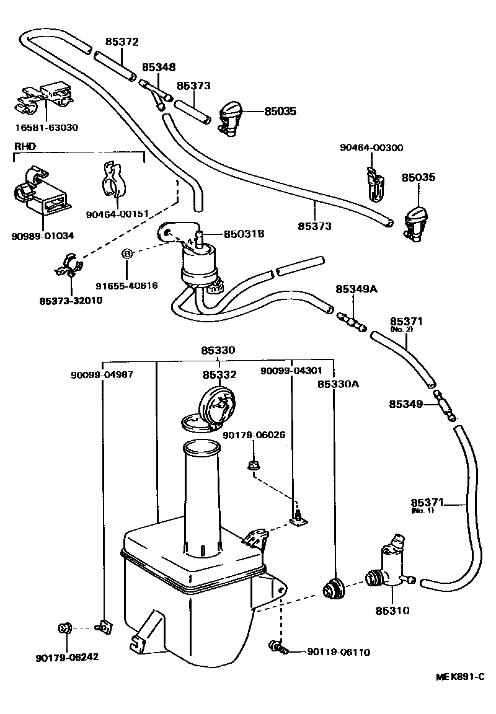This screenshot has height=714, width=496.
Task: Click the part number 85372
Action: pos(122,43)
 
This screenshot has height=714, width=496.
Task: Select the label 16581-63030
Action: pos(48,128)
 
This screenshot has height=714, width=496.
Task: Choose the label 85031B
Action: pos(244,234)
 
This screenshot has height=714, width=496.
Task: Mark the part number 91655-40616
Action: pos(126,286)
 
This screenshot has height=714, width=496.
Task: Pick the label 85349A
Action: pos(356,289)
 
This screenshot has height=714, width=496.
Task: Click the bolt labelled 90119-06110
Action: pos(278,647)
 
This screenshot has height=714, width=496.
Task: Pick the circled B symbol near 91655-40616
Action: pos(126,253)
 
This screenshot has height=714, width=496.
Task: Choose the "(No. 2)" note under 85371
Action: pos(402,329)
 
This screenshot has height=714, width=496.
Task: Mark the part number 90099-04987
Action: pos(102,374)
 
